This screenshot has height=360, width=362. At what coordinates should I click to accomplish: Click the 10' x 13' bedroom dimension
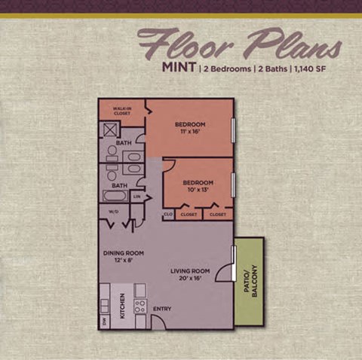(198, 190)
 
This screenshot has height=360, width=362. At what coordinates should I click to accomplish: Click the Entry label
(162, 309)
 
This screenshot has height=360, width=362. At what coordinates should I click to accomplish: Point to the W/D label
(114, 212)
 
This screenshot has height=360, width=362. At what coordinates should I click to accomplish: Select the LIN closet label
(137, 197)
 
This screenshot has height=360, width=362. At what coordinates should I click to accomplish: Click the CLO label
(168, 215)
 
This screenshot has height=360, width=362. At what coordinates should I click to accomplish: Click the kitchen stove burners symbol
(140, 306)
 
